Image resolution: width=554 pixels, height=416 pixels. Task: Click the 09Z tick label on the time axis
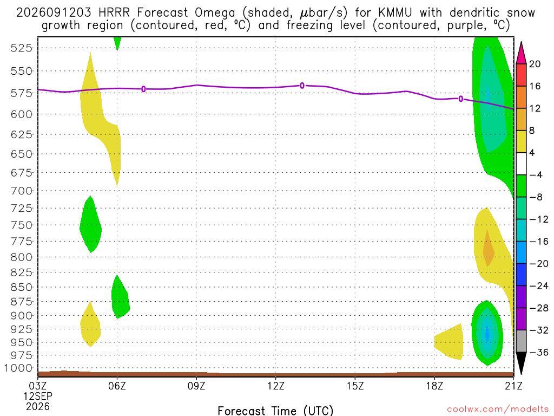coord(196,386)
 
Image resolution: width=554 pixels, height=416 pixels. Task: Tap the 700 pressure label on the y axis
coord(22,191)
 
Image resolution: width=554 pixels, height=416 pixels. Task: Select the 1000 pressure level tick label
coord(18,368)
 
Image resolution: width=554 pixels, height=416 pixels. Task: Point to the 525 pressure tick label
coord(22,48)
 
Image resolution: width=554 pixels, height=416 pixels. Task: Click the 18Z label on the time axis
coord(434,386)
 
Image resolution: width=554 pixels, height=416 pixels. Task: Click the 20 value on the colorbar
coord(535,64)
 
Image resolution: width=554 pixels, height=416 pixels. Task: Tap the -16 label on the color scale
coord(538,242)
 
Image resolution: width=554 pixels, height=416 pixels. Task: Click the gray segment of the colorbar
coord(521,341)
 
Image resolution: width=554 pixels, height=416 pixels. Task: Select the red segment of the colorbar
coord(521,75)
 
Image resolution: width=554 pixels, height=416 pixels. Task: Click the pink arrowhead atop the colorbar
coord(521,53)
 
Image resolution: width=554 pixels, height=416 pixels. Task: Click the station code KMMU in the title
coord(395,13)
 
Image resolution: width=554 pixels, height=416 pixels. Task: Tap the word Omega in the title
coord(215,13)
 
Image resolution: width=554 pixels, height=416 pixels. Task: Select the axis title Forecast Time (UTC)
coord(275,411)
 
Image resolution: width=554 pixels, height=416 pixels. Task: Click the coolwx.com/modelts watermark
coord(498,409)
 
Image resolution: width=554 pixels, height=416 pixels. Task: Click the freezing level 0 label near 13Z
coord(302,86)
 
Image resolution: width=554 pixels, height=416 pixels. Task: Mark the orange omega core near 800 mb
coord(489,248)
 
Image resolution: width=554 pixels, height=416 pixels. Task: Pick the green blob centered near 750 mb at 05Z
coord(90,224)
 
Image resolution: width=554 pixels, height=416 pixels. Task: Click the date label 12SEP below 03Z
coord(38,396)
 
